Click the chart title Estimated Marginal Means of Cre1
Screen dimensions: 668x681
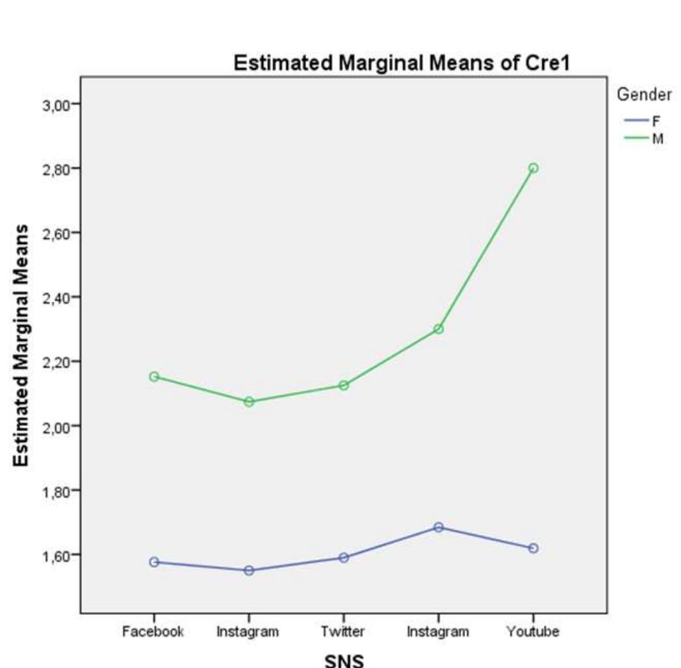[402, 64]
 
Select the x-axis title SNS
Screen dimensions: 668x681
[344, 660]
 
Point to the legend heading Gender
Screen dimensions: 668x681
[643, 95]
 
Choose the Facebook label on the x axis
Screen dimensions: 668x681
[153, 632]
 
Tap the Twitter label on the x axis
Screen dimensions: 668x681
[343, 632]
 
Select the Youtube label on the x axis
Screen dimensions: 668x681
[533, 632]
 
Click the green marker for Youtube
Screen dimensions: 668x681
[533, 168]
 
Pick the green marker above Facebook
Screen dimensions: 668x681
[154, 377]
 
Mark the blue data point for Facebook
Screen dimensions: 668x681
[154, 562]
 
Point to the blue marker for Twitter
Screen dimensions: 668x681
[344, 558]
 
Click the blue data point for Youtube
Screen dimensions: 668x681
[533, 548]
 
